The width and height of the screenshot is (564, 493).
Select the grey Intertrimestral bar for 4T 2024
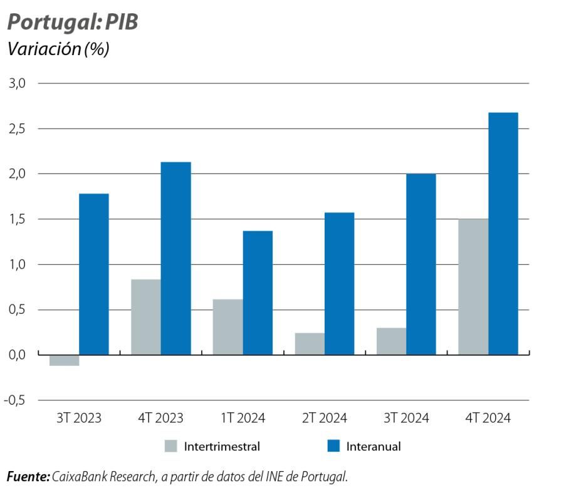point(473,286)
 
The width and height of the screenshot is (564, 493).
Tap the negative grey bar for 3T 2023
point(64,360)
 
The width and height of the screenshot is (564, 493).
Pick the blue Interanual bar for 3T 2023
point(93,274)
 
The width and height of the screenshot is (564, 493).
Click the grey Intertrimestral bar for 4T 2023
point(145,316)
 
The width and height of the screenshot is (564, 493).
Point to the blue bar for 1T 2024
point(258,293)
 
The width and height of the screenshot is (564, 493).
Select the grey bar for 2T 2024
point(310,343)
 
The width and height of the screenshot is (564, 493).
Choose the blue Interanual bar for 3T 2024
point(420,264)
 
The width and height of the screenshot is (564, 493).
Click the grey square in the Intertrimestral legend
point(170,446)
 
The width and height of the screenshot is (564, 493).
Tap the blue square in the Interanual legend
point(333,446)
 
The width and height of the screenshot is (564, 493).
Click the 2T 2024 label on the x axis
point(325,418)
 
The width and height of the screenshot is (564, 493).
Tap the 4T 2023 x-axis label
point(160,418)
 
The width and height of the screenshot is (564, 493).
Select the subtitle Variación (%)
point(58,49)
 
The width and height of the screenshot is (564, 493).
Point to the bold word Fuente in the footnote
point(28,477)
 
